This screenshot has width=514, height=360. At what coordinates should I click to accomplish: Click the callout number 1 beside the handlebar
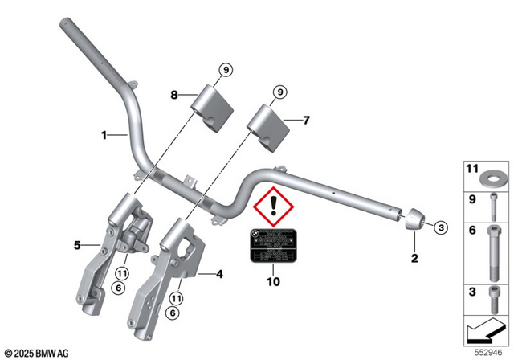(x=104, y=136)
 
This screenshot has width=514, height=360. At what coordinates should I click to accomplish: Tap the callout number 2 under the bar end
(x=414, y=258)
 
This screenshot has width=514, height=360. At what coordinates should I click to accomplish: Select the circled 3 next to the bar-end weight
(x=439, y=228)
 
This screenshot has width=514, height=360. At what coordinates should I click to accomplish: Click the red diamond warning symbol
(x=274, y=211)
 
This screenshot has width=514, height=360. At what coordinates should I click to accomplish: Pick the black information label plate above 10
(x=271, y=244)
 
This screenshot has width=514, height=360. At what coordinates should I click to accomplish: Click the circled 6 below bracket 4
(x=173, y=315)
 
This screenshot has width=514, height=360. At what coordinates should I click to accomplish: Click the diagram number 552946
(x=493, y=352)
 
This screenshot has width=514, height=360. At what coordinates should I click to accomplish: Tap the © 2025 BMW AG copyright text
(x=36, y=353)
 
